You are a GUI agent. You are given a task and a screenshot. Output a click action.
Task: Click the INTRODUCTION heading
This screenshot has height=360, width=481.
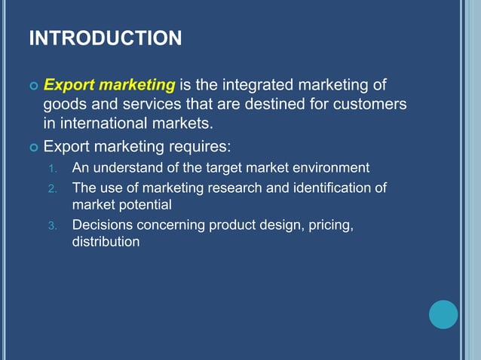point(105,38)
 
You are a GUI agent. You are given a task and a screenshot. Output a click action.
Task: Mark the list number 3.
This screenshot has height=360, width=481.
point(52,225)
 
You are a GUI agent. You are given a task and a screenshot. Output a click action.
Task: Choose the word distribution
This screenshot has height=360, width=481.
point(106,242)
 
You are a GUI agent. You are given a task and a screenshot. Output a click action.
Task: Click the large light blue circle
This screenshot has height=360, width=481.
point(443,314)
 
